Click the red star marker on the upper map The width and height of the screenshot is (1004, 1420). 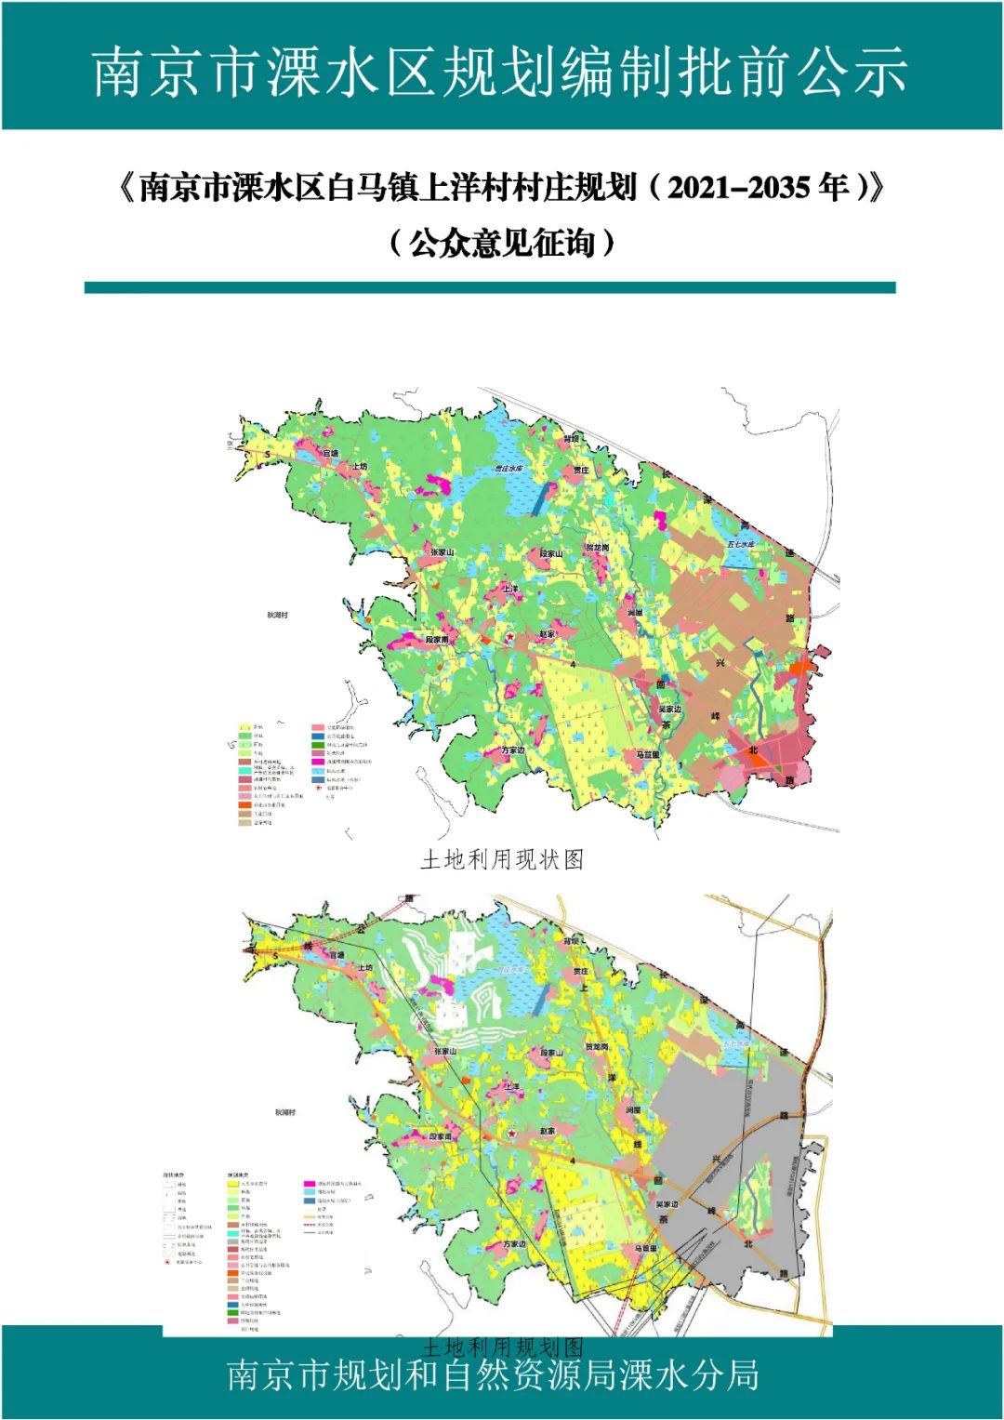pyautogui.click(x=509, y=636)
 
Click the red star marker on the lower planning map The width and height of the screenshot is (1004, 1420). pyautogui.click(x=511, y=1134)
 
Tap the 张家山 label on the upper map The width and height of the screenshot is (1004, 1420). pyautogui.click(x=442, y=552)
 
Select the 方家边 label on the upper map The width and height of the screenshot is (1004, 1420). pyautogui.click(x=513, y=750)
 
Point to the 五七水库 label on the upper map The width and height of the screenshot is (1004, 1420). pyautogui.click(x=741, y=544)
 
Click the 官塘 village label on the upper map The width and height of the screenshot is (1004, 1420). pyautogui.click(x=330, y=453)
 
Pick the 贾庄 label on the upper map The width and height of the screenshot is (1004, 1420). pyautogui.click(x=581, y=471)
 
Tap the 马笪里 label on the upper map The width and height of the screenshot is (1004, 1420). pyautogui.click(x=647, y=754)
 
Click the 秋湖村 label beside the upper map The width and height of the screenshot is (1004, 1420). pyautogui.click(x=277, y=615)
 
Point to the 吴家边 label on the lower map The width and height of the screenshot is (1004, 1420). pyautogui.click(x=667, y=1203)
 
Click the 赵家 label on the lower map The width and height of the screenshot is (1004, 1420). pyautogui.click(x=548, y=1132)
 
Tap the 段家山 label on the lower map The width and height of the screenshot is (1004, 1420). pyautogui.click(x=552, y=1053)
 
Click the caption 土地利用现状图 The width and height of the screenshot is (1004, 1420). pyautogui.click(x=502, y=859)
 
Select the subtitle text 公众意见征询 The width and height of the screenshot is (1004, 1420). pyautogui.click(x=502, y=244)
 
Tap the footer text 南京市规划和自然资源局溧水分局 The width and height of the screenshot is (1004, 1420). pyautogui.click(x=493, y=1374)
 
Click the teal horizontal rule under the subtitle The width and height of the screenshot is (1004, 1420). pyautogui.click(x=490, y=288)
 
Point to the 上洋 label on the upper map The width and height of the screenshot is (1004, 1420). pyautogui.click(x=511, y=589)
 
